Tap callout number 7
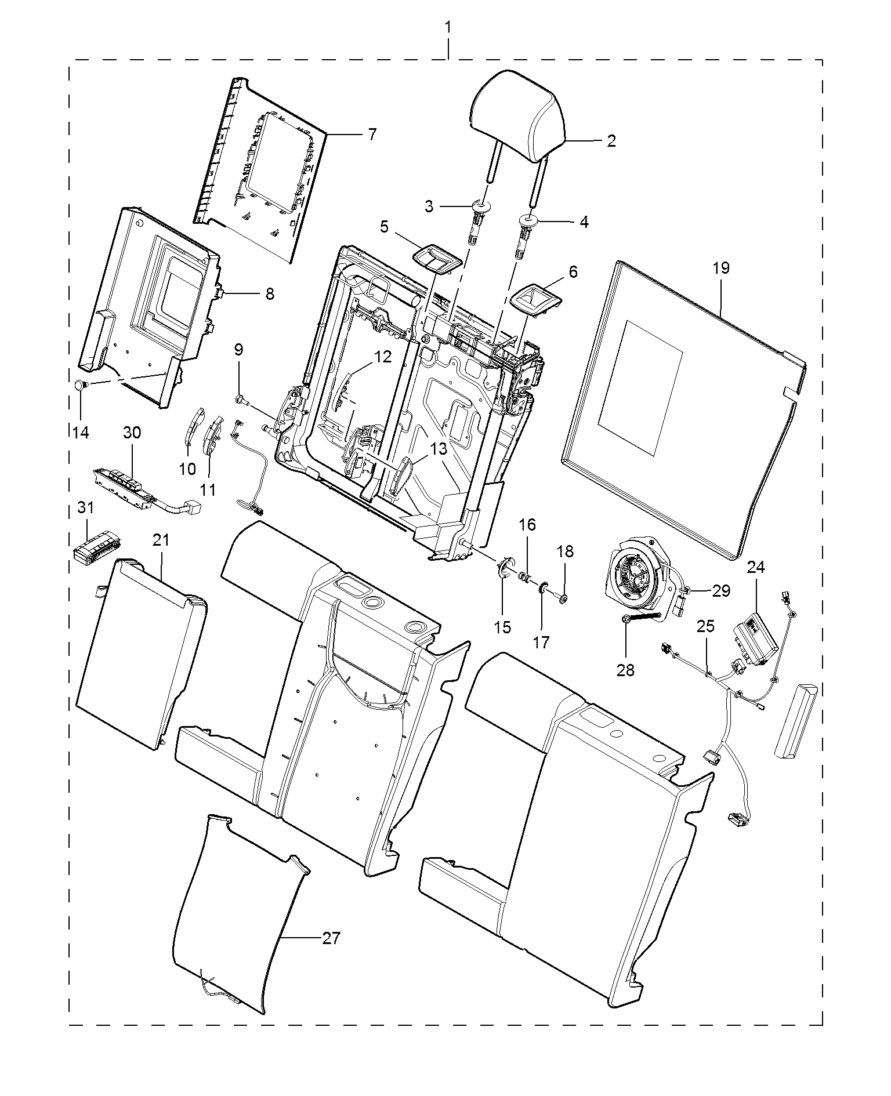click(x=372, y=135)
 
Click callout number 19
click(x=721, y=268)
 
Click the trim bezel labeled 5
click(x=436, y=258)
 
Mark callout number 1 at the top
click(x=448, y=27)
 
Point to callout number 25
click(x=706, y=626)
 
